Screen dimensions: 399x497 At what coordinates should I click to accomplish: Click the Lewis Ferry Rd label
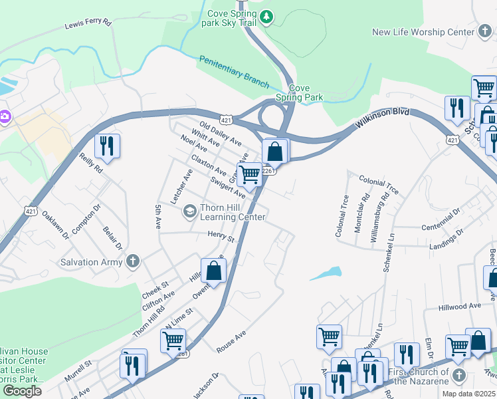[x=88, y=23]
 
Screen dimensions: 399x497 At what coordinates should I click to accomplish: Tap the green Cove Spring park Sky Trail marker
[x=266, y=15]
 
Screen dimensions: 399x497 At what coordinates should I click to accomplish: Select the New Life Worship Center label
[x=423, y=32]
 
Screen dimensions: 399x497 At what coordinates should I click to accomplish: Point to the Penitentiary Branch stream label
[x=235, y=72]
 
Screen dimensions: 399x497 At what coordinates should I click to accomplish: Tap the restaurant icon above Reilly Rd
[x=107, y=145]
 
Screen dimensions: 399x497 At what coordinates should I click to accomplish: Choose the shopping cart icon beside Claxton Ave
[x=250, y=174]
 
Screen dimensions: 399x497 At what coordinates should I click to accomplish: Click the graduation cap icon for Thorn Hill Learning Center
[x=189, y=211]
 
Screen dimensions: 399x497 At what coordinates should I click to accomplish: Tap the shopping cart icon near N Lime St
[x=173, y=340]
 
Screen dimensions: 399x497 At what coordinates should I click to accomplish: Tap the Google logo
[x=22, y=391]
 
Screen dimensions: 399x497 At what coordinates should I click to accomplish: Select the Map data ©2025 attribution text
[x=468, y=394]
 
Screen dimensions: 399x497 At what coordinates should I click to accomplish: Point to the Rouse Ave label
[x=231, y=341]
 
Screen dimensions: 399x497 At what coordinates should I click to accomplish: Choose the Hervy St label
[x=221, y=236]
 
